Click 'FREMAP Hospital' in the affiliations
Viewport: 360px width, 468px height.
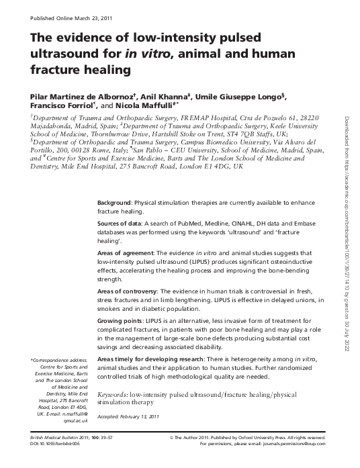(195, 117)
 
